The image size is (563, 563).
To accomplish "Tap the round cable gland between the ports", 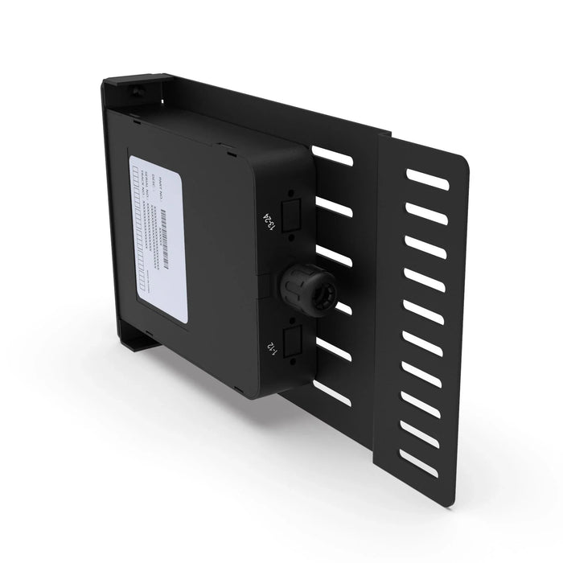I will [304, 291].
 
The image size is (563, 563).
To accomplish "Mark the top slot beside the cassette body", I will [332, 155].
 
